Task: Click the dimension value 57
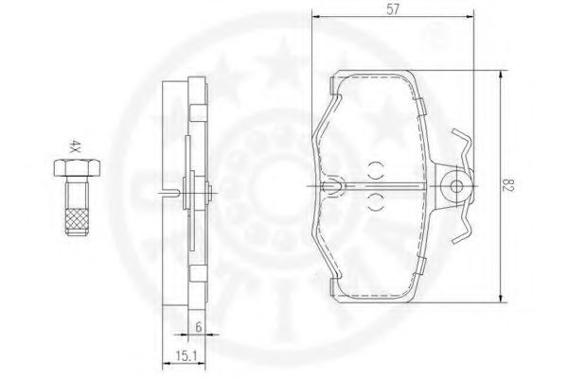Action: coord(393,9)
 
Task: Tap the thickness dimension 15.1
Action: coord(186,356)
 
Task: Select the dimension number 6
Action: coord(199,327)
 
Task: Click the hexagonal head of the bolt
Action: coord(78,167)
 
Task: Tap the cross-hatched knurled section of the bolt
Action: coord(77,221)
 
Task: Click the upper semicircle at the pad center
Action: coord(376,170)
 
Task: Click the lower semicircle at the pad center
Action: coord(376,202)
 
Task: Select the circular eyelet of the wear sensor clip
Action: coord(456,187)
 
